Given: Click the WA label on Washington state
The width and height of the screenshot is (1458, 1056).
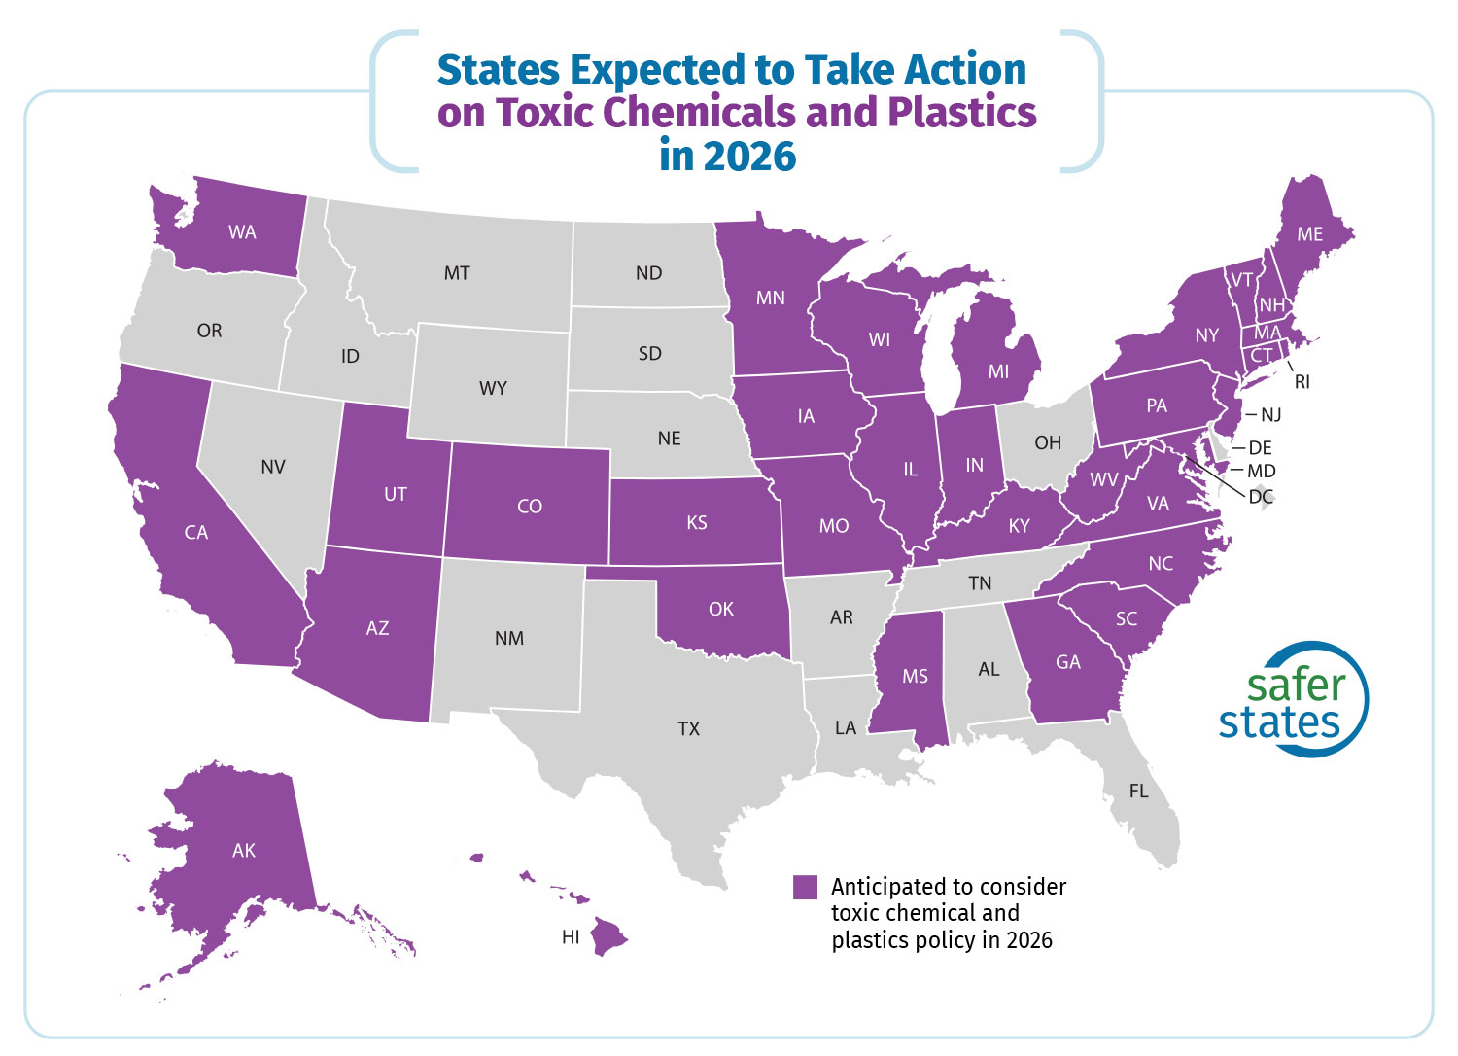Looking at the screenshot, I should click(x=242, y=232).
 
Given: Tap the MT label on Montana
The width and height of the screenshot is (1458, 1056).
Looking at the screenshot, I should click(x=457, y=273).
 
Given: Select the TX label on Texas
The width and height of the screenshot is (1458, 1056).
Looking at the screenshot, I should click(x=688, y=728).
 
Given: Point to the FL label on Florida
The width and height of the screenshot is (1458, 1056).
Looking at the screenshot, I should click(x=1138, y=792).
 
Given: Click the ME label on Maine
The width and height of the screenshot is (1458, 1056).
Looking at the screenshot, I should click(x=1309, y=234).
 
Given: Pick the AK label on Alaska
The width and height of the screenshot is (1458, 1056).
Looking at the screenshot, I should click(x=244, y=851).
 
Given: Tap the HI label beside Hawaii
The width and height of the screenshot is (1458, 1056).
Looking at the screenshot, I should click(x=571, y=937).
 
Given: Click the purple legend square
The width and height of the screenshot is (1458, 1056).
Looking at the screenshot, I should click(x=805, y=887).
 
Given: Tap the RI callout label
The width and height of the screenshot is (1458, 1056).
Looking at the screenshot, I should click(x=1302, y=382).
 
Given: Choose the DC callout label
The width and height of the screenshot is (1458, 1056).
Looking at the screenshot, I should click(x=1261, y=497).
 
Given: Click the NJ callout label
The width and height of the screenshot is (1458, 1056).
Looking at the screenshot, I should click(x=1270, y=415).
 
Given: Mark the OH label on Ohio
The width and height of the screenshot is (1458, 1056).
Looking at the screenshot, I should click(x=1048, y=443).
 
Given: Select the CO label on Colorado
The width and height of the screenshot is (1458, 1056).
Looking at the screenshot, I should click(x=530, y=507).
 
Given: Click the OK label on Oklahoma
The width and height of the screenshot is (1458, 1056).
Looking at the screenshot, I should click(x=721, y=610).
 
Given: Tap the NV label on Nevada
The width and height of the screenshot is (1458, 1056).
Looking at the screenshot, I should click(x=273, y=468).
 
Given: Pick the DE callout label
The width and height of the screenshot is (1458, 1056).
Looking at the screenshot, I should click(x=1260, y=448).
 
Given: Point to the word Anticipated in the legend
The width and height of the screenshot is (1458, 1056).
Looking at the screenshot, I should click(x=887, y=887).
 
